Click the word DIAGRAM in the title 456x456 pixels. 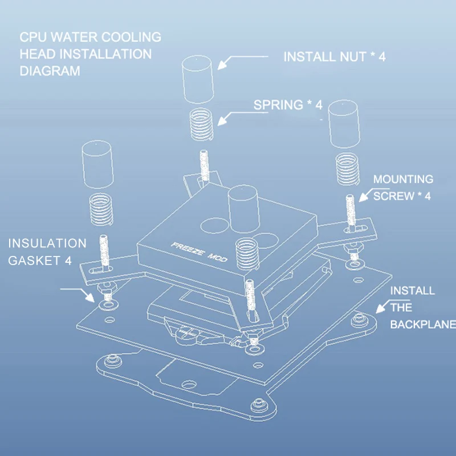pos(50,71)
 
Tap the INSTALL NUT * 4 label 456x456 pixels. pos(335,56)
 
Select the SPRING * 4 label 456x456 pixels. pos(288,105)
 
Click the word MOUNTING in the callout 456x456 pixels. pos(403,179)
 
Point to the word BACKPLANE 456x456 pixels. pos(423,324)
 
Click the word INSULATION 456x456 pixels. pos(47,243)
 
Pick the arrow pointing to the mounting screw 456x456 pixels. pos(374,194)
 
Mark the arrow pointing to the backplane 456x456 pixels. pos(393,306)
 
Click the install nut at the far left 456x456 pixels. pos(97,164)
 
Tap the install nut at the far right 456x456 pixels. pos(344,124)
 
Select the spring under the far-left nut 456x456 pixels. pos(101,210)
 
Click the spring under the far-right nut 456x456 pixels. pos(347,169)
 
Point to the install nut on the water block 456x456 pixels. pos(244,209)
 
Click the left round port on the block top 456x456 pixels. pos(215,225)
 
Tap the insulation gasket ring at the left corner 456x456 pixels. pos(108,305)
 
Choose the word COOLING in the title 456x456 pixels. pos(131,37)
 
